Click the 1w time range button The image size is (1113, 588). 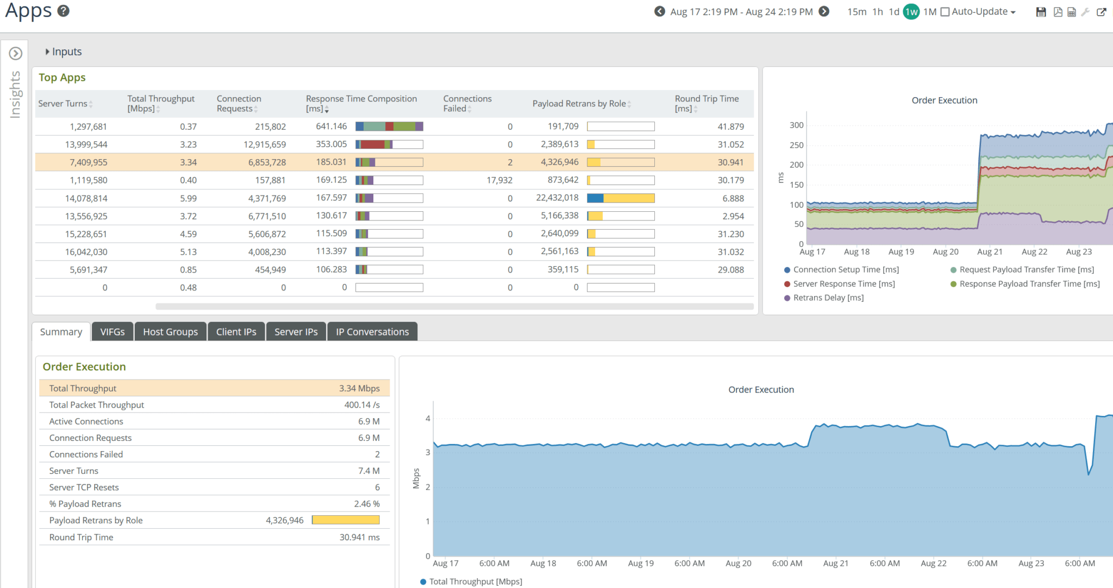[911, 11]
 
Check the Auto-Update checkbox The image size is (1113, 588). [945, 12]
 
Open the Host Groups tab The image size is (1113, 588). [170, 332]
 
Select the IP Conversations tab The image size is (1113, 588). [372, 332]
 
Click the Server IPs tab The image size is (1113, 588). [296, 332]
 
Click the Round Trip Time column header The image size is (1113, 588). [706, 103]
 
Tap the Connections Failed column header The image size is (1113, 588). [467, 103]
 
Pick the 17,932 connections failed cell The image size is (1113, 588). [499, 180]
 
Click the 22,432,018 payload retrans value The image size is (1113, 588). [557, 198]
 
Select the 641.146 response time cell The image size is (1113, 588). [331, 127]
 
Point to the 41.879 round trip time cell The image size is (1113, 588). [730, 127]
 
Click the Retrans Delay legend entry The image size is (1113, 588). [828, 298]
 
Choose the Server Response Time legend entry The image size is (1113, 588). [843, 283]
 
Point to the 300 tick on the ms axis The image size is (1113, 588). [796, 125]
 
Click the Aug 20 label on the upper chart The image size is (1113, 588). [946, 251]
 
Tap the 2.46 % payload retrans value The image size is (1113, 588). [366, 504]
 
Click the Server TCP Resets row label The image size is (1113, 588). [84, 487]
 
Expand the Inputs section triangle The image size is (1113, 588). [47, 52]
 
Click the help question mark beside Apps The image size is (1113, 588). [64, 11]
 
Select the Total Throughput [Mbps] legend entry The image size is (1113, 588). [475, 581]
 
